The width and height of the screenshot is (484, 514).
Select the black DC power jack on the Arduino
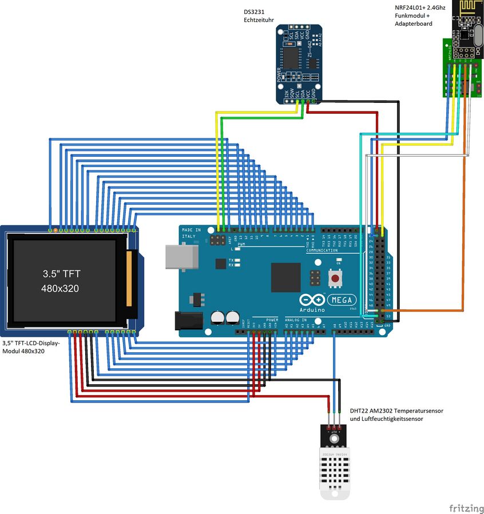tap(189, 320)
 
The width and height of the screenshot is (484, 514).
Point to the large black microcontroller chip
tap(285, 277)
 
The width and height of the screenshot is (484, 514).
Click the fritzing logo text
tap(464, 507)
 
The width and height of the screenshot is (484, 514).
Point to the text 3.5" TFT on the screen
tap(62, 274)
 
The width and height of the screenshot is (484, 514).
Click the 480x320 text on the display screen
tap(60, 289)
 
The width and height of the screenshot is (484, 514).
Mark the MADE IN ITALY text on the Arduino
tap(191, 232)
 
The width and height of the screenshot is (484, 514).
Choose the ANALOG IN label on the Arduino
tap(295, 320)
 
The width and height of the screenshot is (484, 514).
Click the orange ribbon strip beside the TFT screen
tap(129, 278)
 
